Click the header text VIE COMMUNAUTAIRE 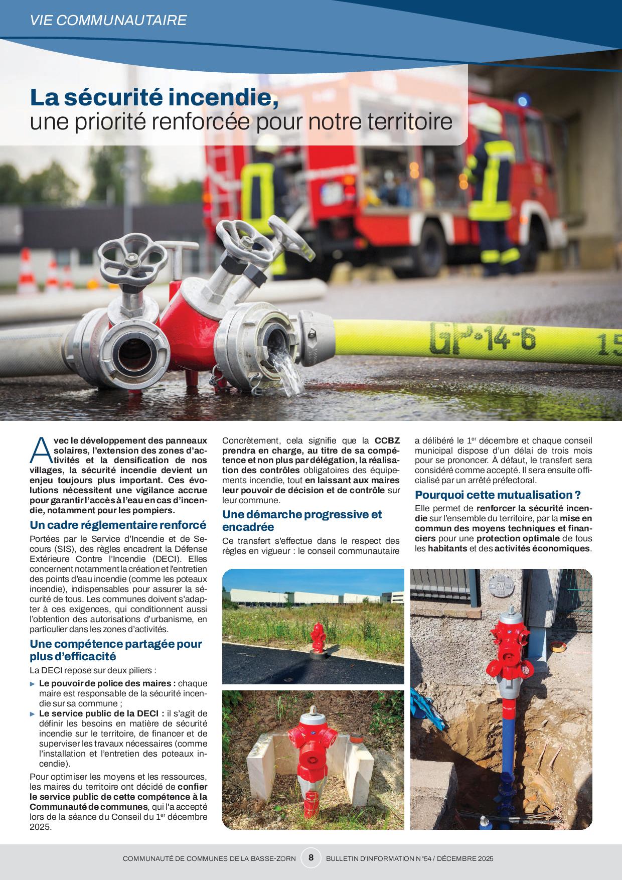[x=108, y=20]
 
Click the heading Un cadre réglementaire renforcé [x=118, y=525]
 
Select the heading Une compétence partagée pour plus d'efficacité [x=115, y=649]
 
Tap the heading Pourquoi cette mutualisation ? [x=498, y=495]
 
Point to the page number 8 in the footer [x=311, y=858]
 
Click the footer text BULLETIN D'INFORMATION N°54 [x=373, y=859]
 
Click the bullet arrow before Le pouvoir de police [x=33, y=683]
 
